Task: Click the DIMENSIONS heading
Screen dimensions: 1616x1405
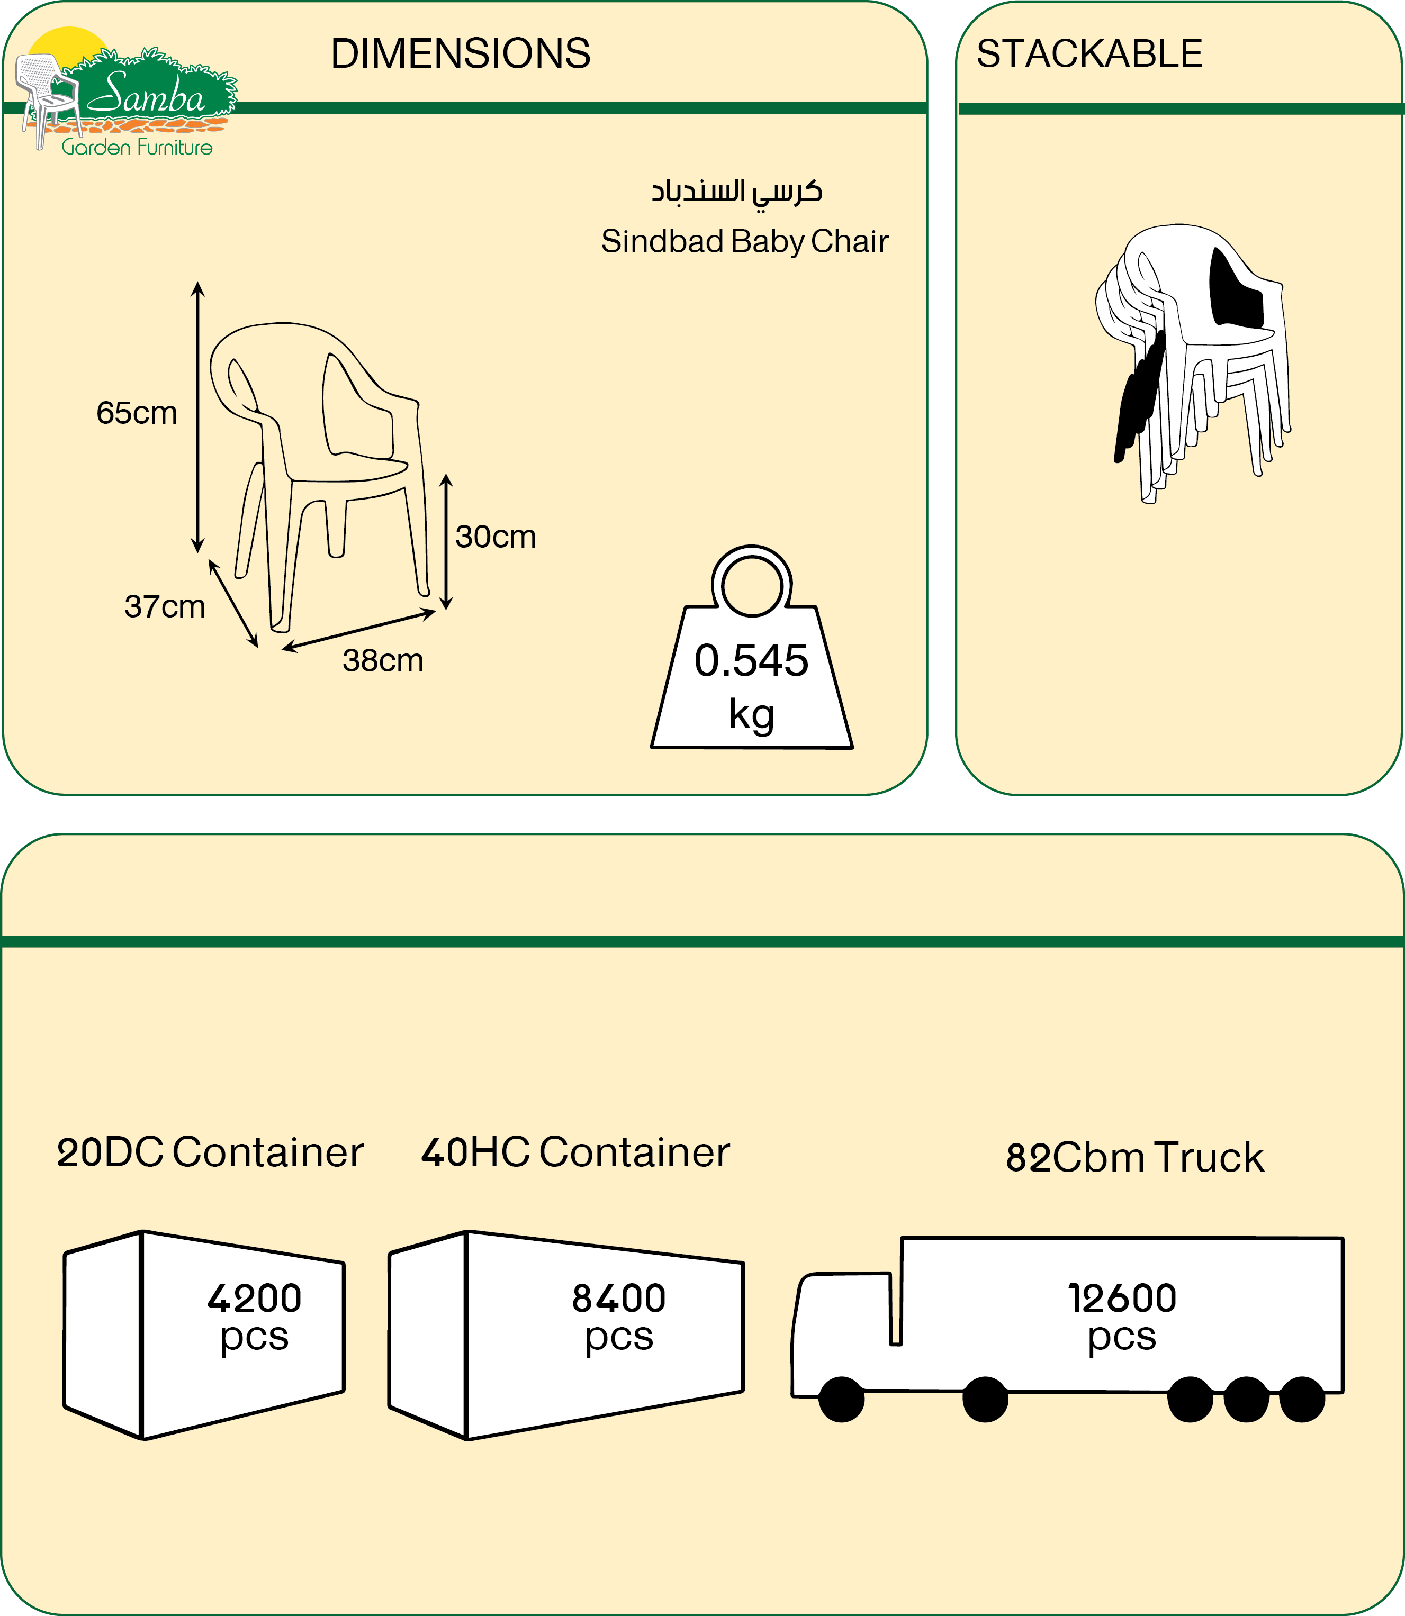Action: [460, 53]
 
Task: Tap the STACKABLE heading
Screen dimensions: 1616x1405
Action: [1089, 53]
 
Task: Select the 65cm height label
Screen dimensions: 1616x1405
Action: [137, 413]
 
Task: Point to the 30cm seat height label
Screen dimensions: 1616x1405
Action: [496, 537]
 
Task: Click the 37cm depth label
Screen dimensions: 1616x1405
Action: [165, 606]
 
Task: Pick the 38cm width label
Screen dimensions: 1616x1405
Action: [383, 661]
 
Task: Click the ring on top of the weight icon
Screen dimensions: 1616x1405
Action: [752, 584]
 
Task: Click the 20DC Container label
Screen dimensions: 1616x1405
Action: [210, 1152]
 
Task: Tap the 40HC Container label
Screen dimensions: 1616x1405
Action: [575, 1152]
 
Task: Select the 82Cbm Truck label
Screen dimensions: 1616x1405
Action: [1134, 1158]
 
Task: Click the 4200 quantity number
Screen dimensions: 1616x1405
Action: [254, 1299]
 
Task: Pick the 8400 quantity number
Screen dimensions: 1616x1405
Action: [619, 1299]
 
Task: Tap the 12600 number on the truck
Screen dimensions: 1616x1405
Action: [1122, 1299]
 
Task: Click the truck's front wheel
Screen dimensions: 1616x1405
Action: [841, 1399]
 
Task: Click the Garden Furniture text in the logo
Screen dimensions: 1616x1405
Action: [137, 147]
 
